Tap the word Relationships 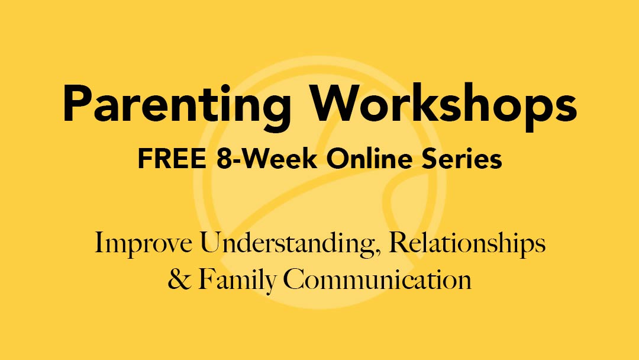pyautogui.click(x=466, y=244)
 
